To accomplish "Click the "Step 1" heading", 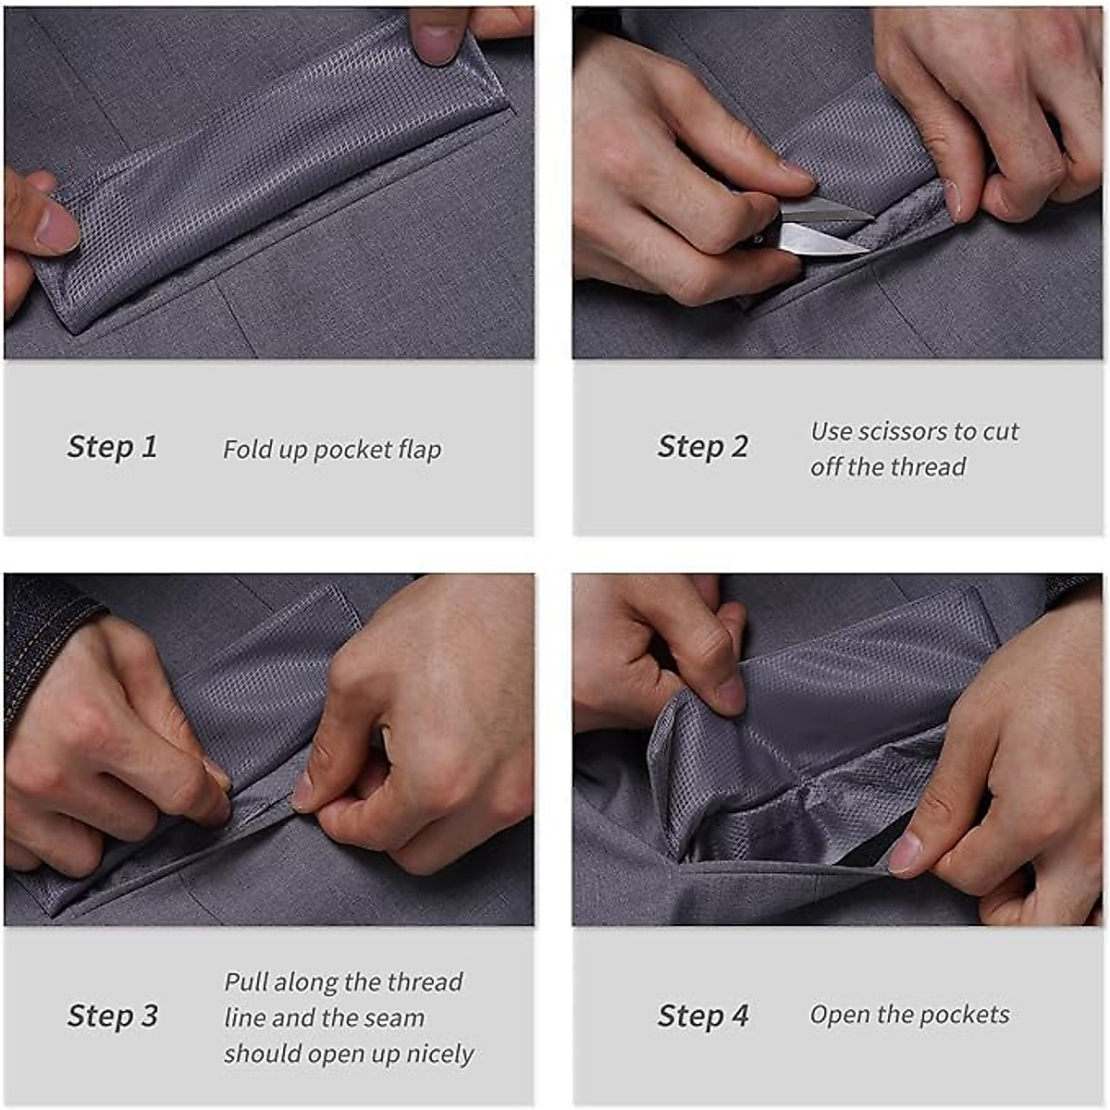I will click(112, 447).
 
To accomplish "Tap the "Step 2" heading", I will click(702, 446).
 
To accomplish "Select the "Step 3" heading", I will click(112, 1016).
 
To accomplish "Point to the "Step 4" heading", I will click(702, 1016).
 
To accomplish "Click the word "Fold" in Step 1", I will click(247, 450).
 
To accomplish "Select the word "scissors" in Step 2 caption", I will click(904, 432).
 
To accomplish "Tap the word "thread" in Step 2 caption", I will click(928, 467).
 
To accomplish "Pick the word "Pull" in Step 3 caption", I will click(246, 981).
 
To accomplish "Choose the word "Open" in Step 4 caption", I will click(840, 1015).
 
